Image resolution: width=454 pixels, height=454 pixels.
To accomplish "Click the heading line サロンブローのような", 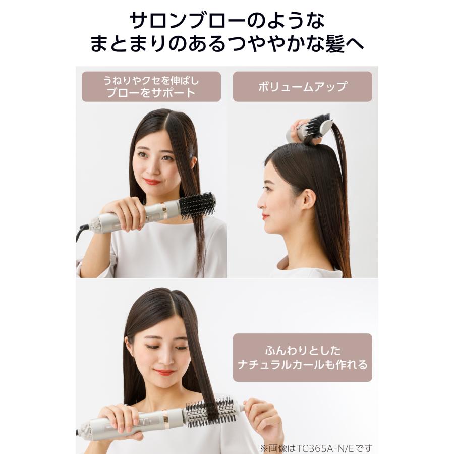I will point(226,21).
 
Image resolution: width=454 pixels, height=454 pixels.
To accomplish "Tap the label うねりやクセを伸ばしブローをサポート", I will point(151,86).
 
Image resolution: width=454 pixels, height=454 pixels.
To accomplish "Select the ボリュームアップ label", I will point(302,86).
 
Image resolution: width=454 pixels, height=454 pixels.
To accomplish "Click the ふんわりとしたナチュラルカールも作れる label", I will point(302,357).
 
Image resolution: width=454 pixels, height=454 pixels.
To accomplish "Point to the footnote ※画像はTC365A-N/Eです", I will point(316,447).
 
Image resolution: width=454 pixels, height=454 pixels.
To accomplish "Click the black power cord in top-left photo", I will point(81,233).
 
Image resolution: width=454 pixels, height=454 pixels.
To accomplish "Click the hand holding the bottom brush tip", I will point(260,414).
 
